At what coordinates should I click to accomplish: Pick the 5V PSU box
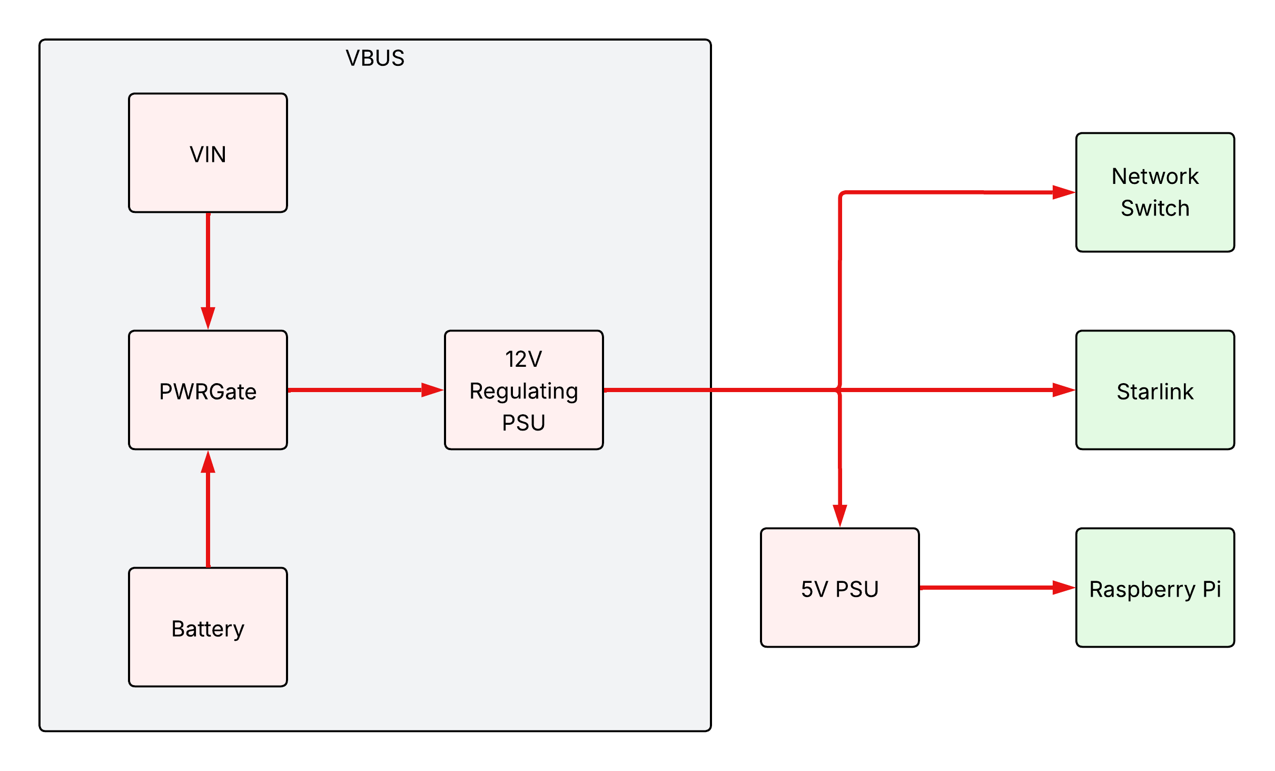[x=839, y=588]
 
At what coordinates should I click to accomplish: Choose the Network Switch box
[x=1154, y=192]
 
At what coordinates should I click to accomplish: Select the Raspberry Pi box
[x=1154, y=588]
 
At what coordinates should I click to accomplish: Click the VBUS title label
[x=375, y=58]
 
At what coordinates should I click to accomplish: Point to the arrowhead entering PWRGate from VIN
[x=208, y=317]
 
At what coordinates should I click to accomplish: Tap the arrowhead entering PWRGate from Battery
[x=208, y=462]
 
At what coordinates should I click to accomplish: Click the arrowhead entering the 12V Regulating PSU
[x=432, y=390]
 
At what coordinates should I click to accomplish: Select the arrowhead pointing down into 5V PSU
[x=840, y=515]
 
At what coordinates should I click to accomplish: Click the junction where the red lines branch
[x=839, y=390]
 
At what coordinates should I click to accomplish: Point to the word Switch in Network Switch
[x=1154, y=209]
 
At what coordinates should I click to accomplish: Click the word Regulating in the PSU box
[x=523, y=391]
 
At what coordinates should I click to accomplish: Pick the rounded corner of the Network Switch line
[x=842, y=194]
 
